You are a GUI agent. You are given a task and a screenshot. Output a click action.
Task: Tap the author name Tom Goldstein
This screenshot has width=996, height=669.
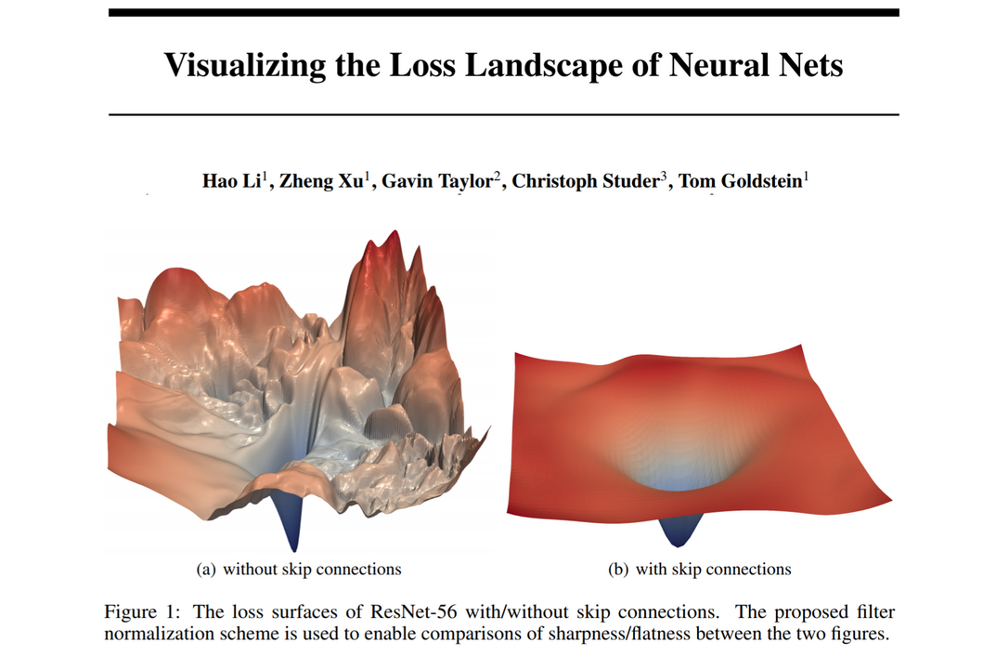(x=741, y=181)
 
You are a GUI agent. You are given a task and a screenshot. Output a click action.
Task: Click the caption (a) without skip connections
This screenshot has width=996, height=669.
(x=298, y=569)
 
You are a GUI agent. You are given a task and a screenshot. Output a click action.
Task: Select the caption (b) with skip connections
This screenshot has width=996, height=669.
(x=699, y=569)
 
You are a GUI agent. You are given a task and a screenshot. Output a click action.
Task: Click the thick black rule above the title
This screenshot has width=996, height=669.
(x=503, y=13)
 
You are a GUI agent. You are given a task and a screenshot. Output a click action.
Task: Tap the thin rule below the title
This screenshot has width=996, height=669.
(x=503, y=114)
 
